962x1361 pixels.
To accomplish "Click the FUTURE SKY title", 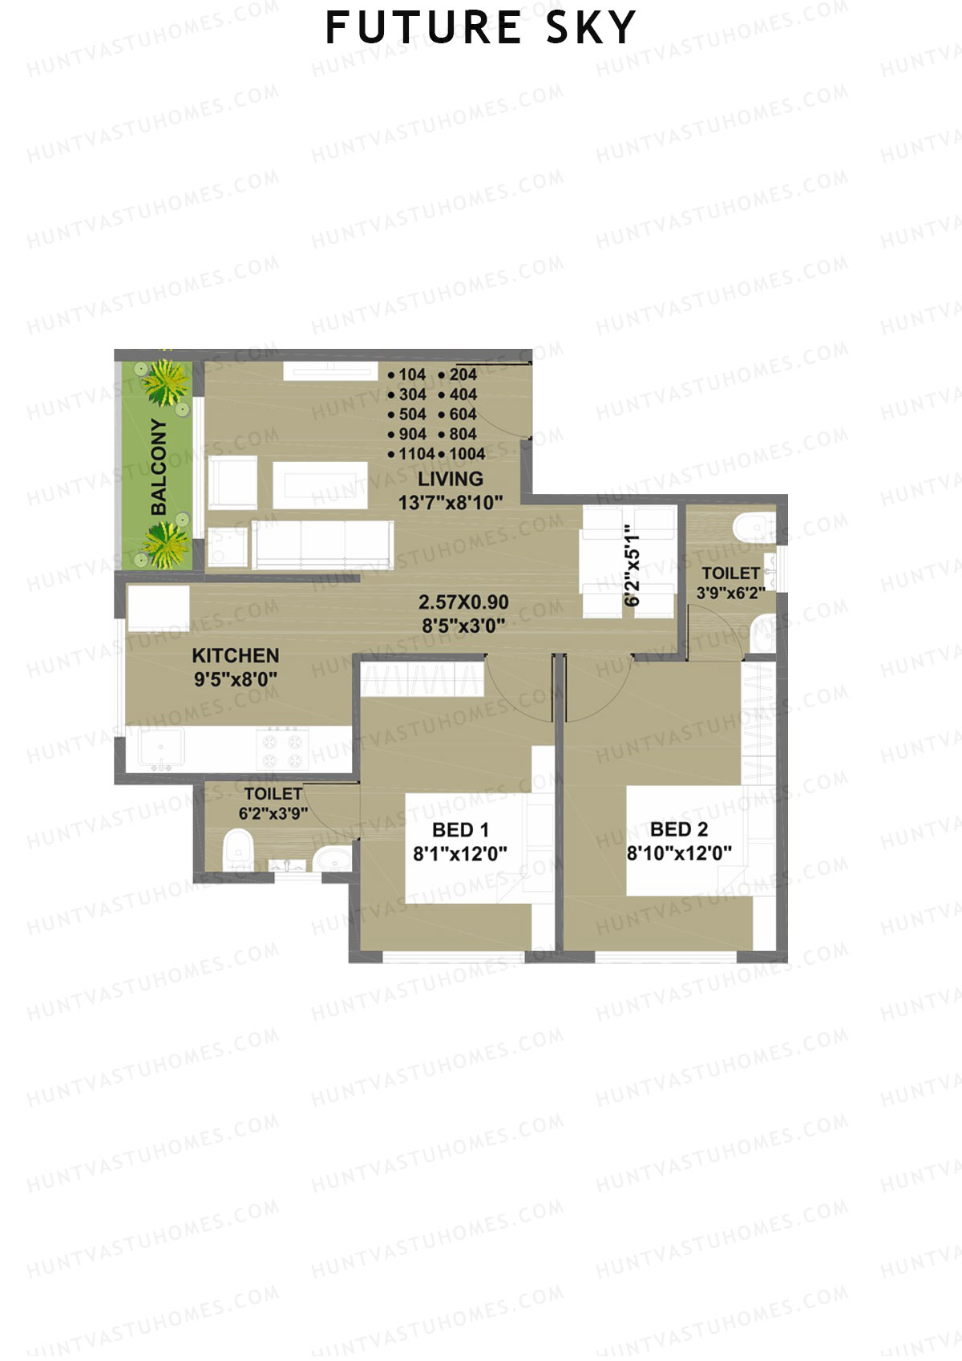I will coord(480,28).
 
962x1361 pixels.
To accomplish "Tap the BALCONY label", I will coord(160,467).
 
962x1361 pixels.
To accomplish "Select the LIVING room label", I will coord(451,479).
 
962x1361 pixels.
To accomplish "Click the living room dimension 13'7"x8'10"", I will coord(451,502).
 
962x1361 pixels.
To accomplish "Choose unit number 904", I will coord(411,434).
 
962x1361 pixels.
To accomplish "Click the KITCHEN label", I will coord(236,655).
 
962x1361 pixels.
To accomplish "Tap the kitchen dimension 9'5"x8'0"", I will coord(236,678).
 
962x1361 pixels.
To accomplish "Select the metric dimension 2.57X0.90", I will coord(463,602).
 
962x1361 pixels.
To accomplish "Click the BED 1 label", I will coord(460,830).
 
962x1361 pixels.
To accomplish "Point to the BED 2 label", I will coord(679,829).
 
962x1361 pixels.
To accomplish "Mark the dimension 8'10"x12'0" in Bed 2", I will coord(679,853).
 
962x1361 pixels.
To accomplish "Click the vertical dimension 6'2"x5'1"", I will coord(633,566).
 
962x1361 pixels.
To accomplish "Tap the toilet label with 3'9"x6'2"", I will coord(730,573).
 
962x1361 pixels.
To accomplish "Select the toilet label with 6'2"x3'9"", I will coord(273,794).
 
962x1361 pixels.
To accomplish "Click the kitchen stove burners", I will coord(283,750).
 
